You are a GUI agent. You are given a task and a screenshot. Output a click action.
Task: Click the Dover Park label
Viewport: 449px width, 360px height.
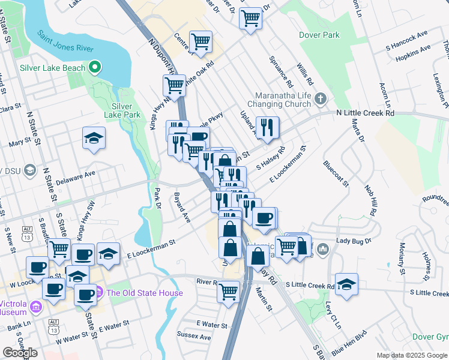(319, 35)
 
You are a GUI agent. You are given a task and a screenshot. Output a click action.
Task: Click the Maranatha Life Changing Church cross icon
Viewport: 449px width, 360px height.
(321, 98)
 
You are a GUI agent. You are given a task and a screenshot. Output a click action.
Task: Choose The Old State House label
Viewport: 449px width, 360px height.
(145, 293)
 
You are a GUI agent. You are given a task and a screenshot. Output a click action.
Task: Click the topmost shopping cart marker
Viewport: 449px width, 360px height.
(250, 18)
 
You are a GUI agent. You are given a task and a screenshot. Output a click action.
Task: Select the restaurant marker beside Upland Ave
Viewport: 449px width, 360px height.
(268, 127)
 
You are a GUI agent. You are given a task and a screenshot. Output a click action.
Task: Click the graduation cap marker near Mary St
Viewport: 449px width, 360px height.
(94, 138)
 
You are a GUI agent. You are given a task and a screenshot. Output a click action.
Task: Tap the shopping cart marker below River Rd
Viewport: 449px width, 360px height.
(228, 292)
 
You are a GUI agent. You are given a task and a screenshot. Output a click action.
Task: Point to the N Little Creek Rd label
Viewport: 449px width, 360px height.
(366, 112)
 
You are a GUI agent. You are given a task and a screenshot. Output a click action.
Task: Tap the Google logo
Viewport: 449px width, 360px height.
(20, 353)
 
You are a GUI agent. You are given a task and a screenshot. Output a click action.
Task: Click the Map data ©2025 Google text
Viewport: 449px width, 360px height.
(411, 355)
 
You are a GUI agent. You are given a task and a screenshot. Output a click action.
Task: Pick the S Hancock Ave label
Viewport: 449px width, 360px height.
(408, 45)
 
